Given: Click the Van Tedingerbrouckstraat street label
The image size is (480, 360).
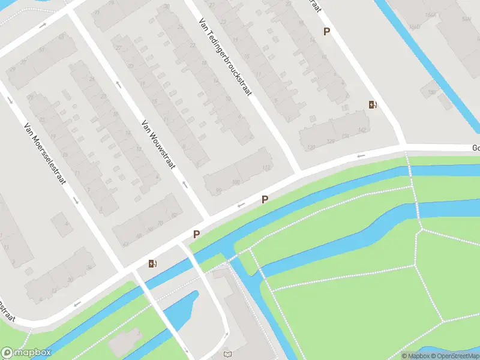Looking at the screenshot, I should click(x=224, y=59).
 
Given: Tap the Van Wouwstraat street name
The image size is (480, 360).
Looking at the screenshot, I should click(x=157, y=144).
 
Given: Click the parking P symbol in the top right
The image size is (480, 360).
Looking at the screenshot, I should click(x=327, y=32).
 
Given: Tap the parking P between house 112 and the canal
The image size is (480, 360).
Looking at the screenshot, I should click(x=265, y=199).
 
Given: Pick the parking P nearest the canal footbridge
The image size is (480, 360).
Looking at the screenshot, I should click(x=196, y=235).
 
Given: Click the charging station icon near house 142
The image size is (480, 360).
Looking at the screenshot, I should click(x=373, y=105).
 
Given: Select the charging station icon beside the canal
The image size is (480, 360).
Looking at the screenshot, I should click(x=153, y=263).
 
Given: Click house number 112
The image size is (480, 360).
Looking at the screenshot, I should click(x=266, y=166).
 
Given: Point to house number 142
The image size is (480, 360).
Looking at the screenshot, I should click(x=361, y=130).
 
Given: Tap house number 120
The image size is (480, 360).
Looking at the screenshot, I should click(x=311, y=148).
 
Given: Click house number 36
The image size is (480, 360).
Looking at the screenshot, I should click(x=88, y=268).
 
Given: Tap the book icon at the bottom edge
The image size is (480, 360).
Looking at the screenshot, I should click(x=227, y=355).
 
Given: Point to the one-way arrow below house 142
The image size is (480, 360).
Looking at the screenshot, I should click(x=361, y=156).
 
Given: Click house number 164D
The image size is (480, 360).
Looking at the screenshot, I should click(x=414, y=27).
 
